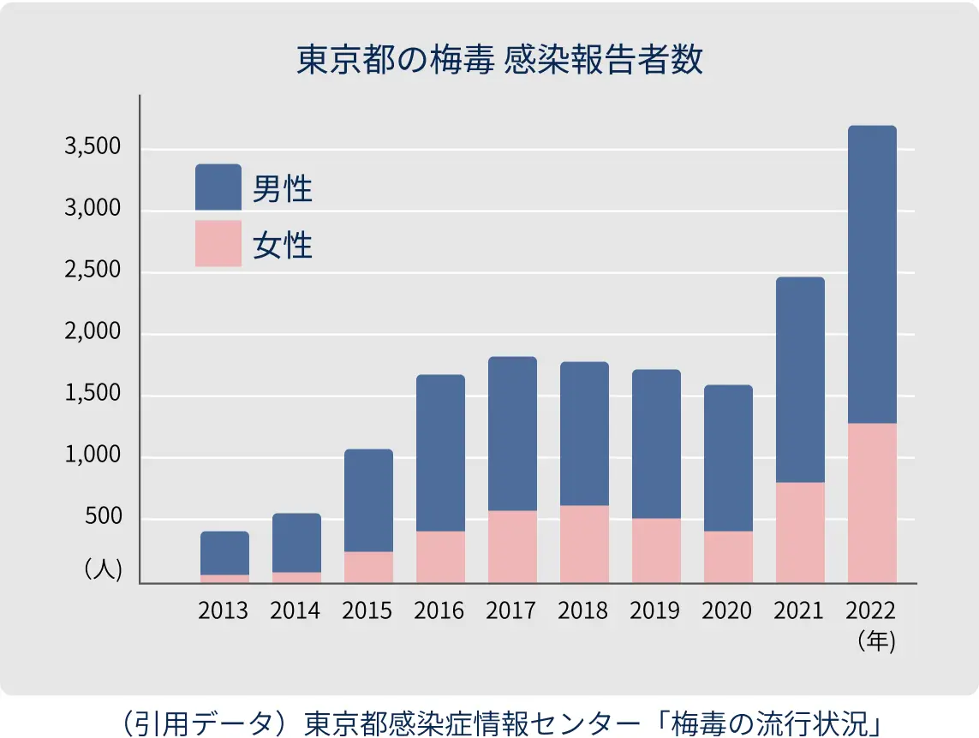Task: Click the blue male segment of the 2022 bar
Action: [872, 274]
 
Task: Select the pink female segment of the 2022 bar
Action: [872, 503]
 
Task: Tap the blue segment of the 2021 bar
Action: [800, 379]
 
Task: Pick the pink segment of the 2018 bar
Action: [584, 544]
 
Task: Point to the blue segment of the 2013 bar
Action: [224, 553]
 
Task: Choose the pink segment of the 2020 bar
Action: [728, 556]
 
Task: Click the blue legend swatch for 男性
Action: [218, 187]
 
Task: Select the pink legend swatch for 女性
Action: [218, 244]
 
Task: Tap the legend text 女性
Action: [283, 246]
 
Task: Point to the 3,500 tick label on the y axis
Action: [93, 148]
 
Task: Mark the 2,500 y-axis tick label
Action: [93, 271]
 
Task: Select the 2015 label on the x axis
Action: [367, 610]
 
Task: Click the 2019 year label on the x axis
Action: [655, 610]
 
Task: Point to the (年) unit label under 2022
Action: [875, 641]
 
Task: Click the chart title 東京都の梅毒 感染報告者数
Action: [499, 62]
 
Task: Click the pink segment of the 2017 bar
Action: [512, 546]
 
